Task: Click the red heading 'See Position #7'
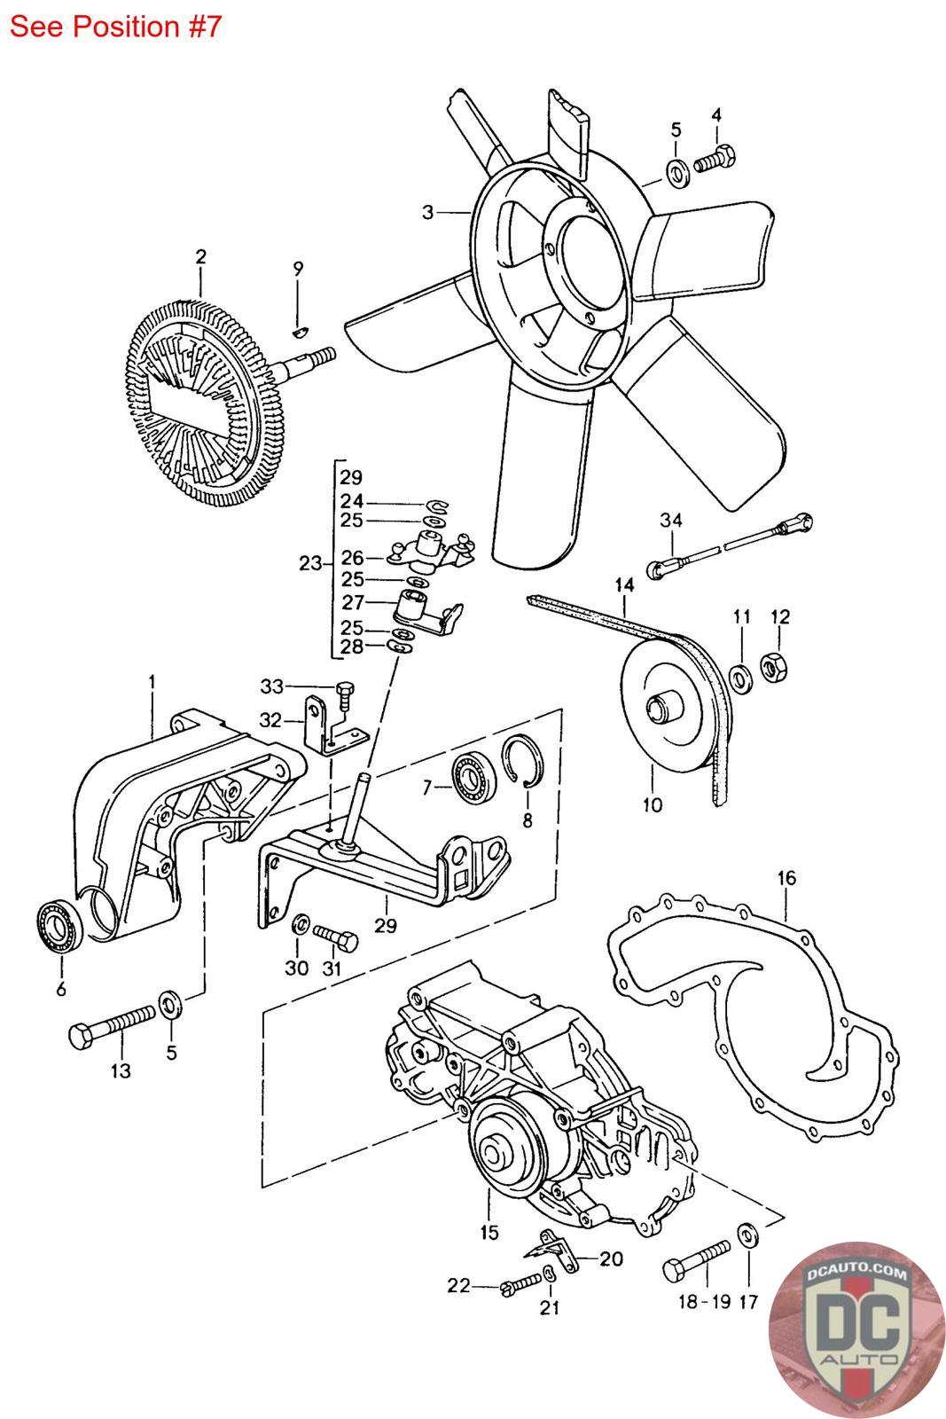(115, 27)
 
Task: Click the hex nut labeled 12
(772, 667)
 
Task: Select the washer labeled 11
(741, 679)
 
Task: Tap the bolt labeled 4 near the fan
(715, 159)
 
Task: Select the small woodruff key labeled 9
(300, 330)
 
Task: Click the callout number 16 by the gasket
(786, 879)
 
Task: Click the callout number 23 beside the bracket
(309, 562)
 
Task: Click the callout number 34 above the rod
(671, 520)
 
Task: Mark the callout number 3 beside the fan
(428, 212)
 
